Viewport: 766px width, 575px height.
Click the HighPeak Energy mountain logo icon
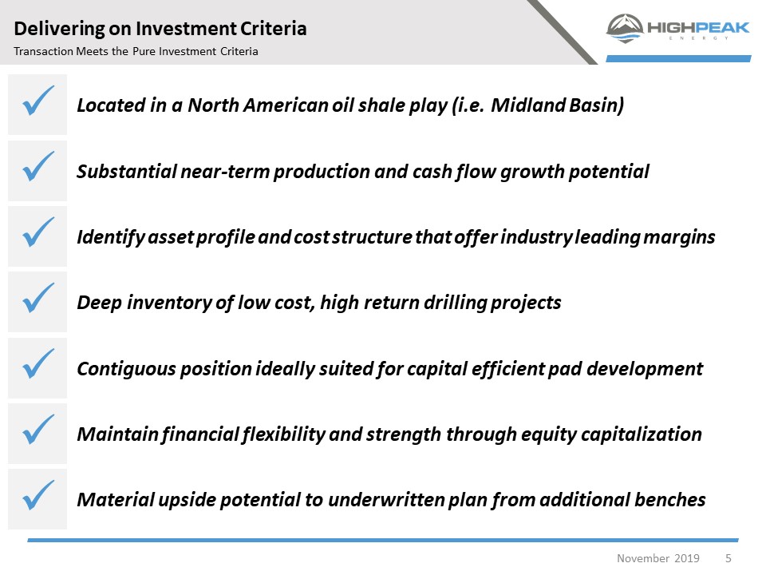[x=624, y=29]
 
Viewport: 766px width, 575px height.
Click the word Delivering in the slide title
[x=59, y=29]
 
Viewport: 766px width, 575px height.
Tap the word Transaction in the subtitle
[x=43, y=51]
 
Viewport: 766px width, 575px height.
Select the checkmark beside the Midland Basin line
[x=38, y=101]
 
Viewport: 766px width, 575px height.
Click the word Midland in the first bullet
[x=528, y=105]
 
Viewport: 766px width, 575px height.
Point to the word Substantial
[x=127, y=172]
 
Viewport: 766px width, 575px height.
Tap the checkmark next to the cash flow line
[x=38, y=166]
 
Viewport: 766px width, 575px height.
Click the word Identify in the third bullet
[x=111, y=238]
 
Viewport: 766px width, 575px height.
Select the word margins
[x=679, y=238]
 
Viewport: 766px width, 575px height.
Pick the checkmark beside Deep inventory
[x=38, y=298]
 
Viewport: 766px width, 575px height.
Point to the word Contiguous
[x=126, y=369]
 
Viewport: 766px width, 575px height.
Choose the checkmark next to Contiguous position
[x=38, y=363]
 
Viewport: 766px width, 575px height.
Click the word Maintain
[x=118, y=434]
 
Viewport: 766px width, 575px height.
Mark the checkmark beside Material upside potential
[x=38, y=495]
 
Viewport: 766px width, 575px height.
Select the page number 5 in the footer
[x=728, y=558]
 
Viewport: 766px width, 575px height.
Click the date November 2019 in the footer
[x=658, y=558]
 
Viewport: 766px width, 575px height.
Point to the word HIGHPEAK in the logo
[x=698, y=27]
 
